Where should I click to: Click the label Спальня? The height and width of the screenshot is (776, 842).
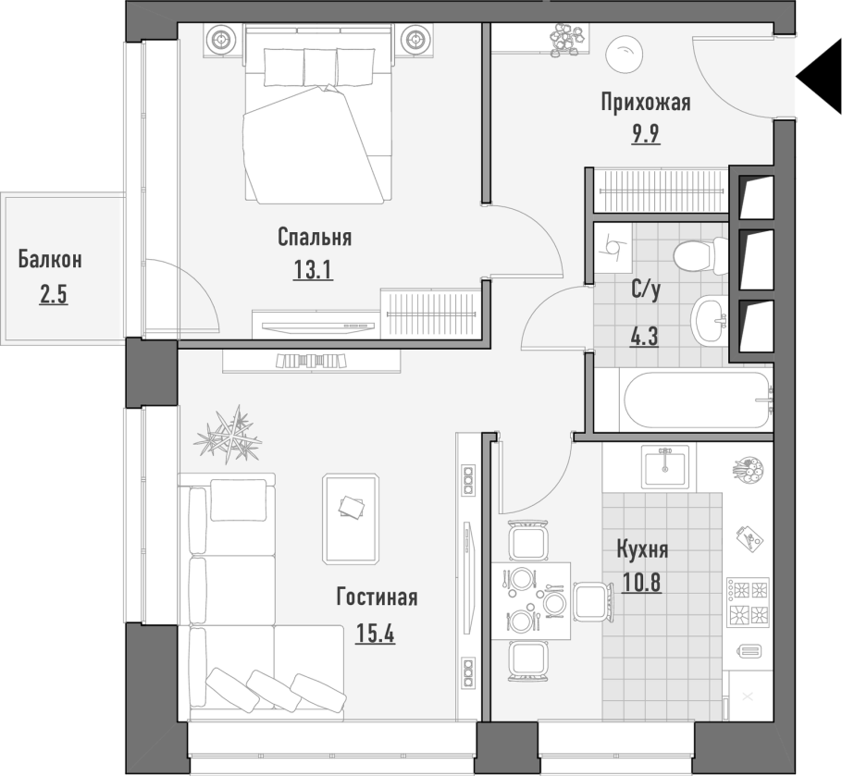pos(315,237)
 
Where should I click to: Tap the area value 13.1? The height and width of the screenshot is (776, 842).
pos(313,269)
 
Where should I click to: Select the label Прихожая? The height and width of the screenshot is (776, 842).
pos(646,102)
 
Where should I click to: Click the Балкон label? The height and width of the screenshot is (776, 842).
pos(50,259)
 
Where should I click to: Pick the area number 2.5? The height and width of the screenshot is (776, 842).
pos(53,295)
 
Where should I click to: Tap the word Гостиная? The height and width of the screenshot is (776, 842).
pos(377,597)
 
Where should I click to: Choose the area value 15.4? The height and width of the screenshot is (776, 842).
pos(375,634)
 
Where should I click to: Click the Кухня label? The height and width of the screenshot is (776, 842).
pos(642,550)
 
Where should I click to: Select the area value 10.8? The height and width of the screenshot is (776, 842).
pos(641,583)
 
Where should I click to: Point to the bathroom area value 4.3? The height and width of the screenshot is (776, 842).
pos(644,337)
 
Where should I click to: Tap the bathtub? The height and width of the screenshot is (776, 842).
pos(696,400)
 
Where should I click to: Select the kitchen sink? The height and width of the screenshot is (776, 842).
pos(665,467)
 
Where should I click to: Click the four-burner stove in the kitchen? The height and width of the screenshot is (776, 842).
pos(748,602)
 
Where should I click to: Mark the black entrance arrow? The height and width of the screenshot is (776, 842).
pos(819,79)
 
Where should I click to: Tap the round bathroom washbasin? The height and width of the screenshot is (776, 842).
pos(708,320)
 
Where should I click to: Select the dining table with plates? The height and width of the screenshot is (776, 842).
pos(531,601)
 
